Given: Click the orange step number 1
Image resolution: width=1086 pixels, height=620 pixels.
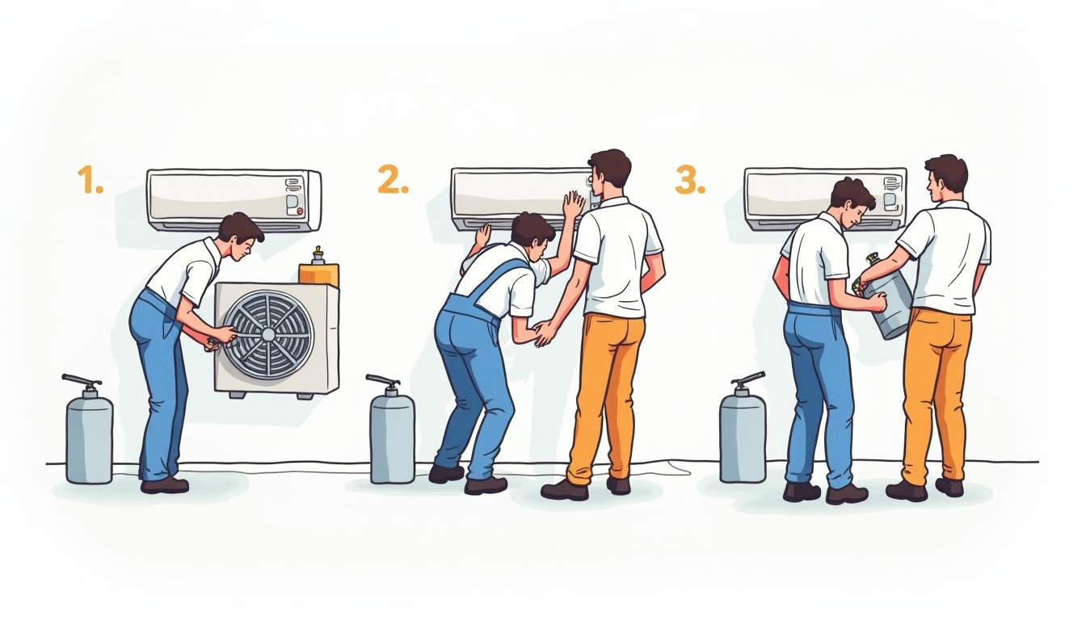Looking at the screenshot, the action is click(x=90, y=180).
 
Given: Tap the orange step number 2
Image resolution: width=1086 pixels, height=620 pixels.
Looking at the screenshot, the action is click(x=394, y=178).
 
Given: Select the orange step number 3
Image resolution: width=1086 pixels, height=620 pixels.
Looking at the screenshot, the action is click(x=690, y=180).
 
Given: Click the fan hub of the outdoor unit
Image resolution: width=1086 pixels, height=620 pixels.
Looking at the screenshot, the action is click(x=268, y=334).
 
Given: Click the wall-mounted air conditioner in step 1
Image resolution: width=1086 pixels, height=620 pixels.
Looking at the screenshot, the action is click(x=234, y=200).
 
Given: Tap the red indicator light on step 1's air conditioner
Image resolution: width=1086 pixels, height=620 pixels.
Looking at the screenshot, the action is click(x=300, y=212).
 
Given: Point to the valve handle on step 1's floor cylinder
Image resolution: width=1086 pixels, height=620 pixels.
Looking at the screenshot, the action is click(x=82, y=381).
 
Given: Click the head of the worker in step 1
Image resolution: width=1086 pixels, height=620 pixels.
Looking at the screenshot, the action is click(x=241, y=235).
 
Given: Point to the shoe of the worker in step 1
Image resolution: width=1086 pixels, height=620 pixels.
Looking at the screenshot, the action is click(x=164, y=485).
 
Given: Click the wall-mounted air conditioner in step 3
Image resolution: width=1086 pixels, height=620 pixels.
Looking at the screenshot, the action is click(x=825, y=199).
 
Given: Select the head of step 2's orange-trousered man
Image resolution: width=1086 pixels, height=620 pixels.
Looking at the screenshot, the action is click(x=609, y=174).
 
